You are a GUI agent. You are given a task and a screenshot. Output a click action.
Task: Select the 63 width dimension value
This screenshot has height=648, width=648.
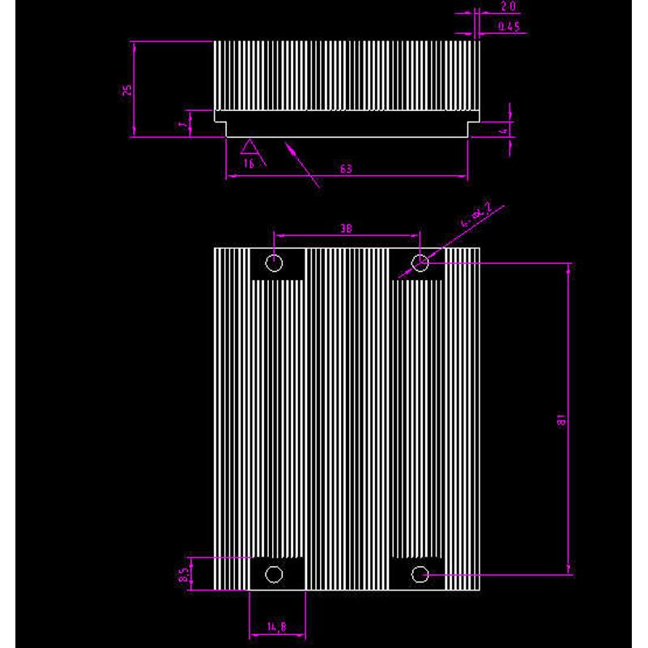tap(346, 169)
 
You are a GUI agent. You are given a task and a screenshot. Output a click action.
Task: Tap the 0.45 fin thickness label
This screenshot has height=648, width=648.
tap(508, 27)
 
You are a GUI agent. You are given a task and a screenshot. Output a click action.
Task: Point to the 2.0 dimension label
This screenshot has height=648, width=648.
tap(509, 6)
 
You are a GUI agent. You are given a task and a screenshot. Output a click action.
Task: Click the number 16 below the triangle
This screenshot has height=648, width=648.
tap(249, 163)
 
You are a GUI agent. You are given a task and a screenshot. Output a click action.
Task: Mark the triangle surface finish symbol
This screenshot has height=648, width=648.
tap(249, 147)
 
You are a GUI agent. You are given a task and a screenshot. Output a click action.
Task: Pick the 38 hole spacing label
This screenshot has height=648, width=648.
tap(346, 229)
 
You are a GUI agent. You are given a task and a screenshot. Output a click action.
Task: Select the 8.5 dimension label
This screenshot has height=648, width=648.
tap(185, 575)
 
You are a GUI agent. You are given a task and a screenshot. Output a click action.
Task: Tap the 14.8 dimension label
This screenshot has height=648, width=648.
tap(276, 626)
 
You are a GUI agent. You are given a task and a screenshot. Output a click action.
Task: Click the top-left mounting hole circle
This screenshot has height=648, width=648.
tap(275, 262)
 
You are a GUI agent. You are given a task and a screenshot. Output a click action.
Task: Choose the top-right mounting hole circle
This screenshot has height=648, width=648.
tap(420, 262)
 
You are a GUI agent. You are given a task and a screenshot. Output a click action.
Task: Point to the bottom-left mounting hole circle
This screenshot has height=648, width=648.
tap(275, 574)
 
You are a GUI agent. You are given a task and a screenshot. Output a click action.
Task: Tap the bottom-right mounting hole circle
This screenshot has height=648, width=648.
tap(420, 574)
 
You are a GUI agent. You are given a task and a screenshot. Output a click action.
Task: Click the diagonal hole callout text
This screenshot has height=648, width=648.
tap(475, 215)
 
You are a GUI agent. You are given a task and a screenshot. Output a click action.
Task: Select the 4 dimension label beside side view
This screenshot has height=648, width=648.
tap(503, 130)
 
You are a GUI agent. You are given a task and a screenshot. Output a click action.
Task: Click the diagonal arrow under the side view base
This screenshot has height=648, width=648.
tap(301, 164)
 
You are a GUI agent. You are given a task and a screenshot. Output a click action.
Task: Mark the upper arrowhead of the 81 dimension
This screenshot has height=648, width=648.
tap(569, 268)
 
